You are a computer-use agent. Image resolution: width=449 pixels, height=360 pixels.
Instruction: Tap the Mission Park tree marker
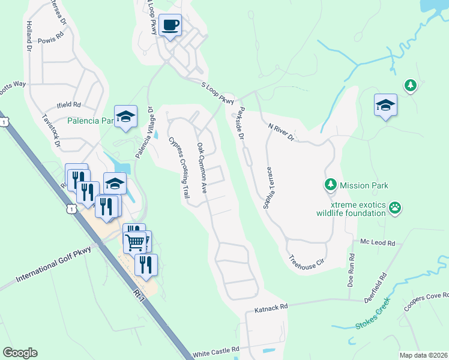pos(330,185)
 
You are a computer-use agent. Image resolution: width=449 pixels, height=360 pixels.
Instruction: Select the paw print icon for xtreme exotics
pos(394,208)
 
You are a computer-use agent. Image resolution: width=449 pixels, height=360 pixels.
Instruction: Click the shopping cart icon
pos(136,242)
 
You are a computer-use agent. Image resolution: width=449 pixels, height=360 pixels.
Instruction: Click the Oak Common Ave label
pos(202,167)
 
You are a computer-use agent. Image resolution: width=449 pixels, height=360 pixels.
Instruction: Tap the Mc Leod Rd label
pos(378,243)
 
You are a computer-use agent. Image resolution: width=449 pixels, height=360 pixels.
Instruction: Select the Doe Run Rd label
pos(351,273)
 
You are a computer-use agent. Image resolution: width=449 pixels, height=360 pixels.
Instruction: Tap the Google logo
pos(20,353)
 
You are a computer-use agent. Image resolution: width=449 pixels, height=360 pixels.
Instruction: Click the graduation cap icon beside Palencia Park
pos(126,116)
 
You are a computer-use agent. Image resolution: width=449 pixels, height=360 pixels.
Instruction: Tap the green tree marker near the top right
pos(410,86)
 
